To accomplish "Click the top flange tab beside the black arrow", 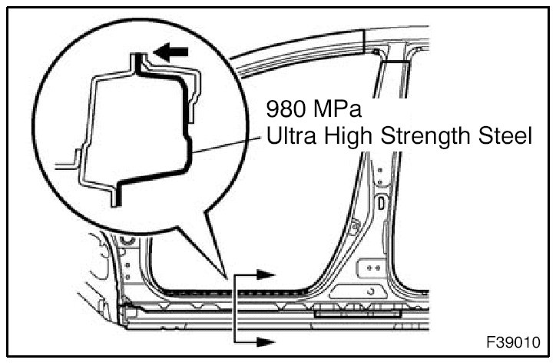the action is (x=136, y=58).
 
